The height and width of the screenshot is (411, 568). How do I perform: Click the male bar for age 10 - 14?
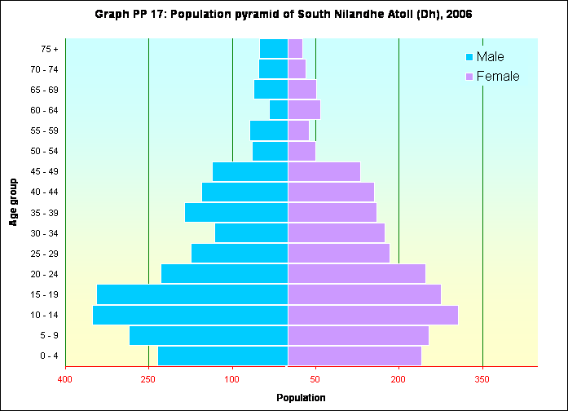[190, 315]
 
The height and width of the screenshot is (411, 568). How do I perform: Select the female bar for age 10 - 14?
[372, 315]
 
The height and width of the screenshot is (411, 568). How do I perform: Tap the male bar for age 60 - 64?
[279, 110]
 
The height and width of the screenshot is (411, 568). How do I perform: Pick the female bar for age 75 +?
[295, 49]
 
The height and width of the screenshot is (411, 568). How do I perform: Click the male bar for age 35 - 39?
[236, 213]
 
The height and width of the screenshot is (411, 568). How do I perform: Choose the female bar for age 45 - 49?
[324, 172]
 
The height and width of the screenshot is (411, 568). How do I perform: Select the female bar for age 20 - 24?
[356, 274]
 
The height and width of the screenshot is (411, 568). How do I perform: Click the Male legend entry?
[489, 57]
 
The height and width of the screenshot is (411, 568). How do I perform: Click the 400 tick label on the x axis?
[65, 378]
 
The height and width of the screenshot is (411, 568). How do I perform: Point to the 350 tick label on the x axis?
[482, 378]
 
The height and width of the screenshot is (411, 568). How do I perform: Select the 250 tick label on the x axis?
[148, 378]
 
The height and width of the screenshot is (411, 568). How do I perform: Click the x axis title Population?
[301, 398]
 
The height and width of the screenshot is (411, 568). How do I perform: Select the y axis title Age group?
[14, 201]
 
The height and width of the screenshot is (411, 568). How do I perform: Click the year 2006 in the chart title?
[458, 15]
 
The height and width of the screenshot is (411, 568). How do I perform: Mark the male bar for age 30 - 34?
[251, 233]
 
